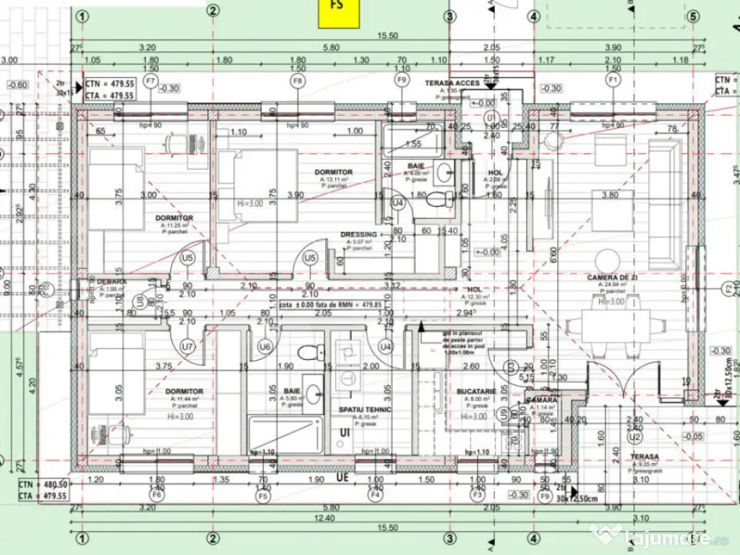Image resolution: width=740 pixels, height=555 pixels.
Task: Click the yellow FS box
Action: point(340,12)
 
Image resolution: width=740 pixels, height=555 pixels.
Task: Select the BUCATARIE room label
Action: point(476,391)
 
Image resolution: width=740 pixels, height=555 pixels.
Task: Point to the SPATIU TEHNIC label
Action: point(365,410)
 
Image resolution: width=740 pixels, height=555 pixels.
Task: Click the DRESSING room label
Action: point(358,235)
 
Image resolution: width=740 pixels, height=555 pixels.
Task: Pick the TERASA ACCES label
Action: point(452,83)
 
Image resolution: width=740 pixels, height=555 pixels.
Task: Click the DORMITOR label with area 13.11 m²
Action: point(333,172)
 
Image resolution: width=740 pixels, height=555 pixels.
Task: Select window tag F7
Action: point(150,80)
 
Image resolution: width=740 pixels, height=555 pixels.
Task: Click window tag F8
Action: point(297,80)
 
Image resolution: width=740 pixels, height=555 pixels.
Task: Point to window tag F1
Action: point(614,79)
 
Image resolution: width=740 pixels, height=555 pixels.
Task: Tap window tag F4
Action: point(374,496)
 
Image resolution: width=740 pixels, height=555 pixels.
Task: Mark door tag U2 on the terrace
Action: point(635,437)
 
